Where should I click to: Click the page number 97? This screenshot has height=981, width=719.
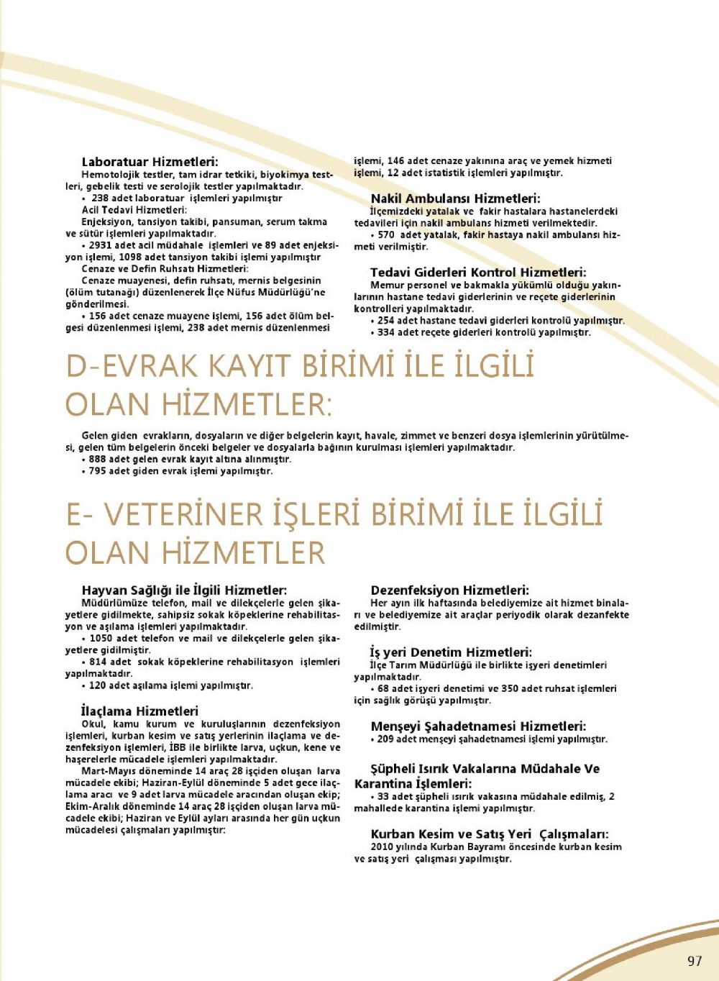coord(694,961)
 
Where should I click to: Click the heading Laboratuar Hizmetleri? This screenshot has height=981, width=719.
coord(150,162)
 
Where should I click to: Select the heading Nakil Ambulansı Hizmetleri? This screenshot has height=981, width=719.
coord(455,199)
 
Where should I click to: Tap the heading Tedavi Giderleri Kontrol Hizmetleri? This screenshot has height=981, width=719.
coord(478,272)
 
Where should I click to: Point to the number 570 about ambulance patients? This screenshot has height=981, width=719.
coord(386,234)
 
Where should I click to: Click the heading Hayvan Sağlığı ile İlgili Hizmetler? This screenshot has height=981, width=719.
coord(184,590)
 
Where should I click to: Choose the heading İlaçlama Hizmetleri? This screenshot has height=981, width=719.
coord(139,711)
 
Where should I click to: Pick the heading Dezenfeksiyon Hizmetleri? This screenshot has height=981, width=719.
coord(449,590)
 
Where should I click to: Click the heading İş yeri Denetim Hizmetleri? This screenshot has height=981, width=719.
coord(451,652)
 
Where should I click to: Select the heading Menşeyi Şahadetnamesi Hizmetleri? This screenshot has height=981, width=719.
coord(478,726)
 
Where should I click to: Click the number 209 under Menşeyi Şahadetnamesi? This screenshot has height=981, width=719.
coord(385,739)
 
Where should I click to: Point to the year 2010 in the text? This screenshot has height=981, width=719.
coord(382,847)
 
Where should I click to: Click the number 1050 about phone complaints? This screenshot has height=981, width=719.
coord(101,638)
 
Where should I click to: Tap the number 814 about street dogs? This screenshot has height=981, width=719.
coord(99,662)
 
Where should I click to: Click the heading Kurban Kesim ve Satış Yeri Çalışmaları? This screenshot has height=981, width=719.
coord(490,834)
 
